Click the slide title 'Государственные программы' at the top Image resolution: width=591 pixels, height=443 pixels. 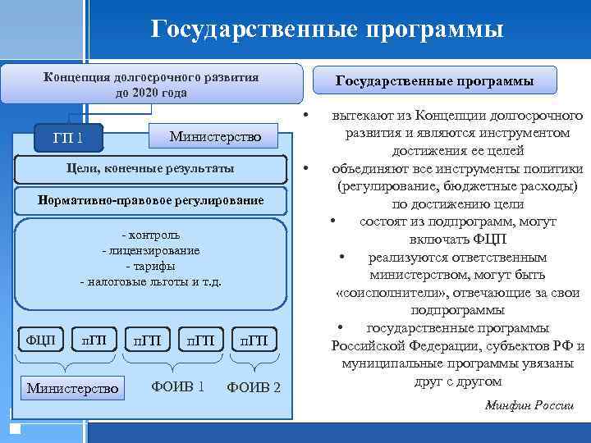coord(327,31)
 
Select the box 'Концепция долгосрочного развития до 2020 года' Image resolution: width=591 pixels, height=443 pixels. coord(151,84)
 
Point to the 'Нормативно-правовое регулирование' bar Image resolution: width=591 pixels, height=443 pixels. coord(151,200)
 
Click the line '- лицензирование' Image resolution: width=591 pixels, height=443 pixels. coord(150,250)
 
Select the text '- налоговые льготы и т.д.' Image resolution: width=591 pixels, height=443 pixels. coord(150,282)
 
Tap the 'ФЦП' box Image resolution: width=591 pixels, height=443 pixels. coord(40,339)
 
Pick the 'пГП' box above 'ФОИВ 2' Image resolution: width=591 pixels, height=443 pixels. coord(254,339)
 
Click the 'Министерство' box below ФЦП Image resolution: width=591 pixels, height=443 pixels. coord(73,387)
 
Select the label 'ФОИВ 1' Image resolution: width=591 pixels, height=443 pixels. coord(178,386)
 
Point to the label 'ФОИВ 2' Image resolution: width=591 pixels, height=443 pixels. coord(254,387)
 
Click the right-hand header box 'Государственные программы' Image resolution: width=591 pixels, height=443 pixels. coord(435,81)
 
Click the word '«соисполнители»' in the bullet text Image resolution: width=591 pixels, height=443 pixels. coord(381,293)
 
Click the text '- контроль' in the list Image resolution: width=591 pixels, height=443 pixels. coord(150,235)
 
